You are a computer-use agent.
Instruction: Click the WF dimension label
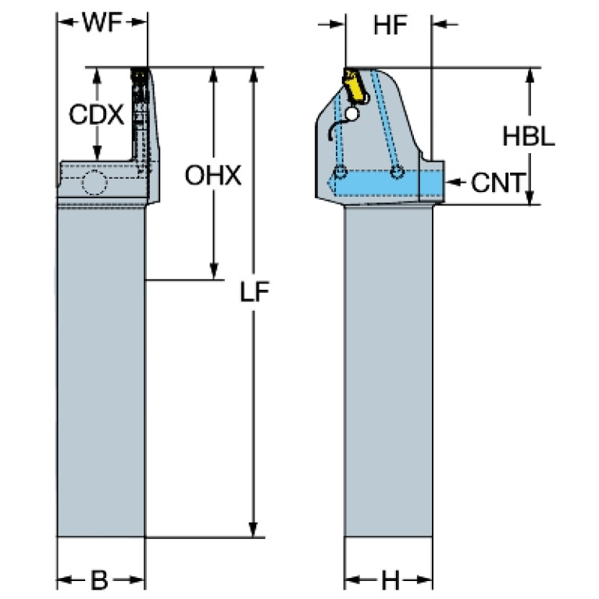point(102,23)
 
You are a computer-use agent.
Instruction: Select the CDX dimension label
point(97,114)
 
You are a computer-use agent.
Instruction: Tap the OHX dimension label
point(212,176)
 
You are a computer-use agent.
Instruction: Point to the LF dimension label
point(255,291)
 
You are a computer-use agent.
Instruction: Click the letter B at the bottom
point(99,580)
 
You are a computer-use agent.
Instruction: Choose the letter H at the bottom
point(390,580)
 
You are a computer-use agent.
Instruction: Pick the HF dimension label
point(390,25)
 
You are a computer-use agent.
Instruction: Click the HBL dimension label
point(529,137)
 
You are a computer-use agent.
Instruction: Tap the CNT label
point(498,183)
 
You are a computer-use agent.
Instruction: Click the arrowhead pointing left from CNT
point(451,182)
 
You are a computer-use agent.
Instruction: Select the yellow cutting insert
point(354,87)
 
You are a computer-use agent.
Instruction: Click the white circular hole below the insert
point(352,113)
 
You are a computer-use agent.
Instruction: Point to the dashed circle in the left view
point(94,182)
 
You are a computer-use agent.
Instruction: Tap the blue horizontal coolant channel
point(388,183)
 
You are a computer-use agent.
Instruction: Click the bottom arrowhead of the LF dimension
point(253,529)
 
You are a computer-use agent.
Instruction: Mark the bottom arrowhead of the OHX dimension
point(213,272)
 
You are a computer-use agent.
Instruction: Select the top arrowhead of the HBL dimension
point(529,76)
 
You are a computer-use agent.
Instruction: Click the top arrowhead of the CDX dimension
point(97,76)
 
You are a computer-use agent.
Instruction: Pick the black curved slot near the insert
point(337,129)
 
